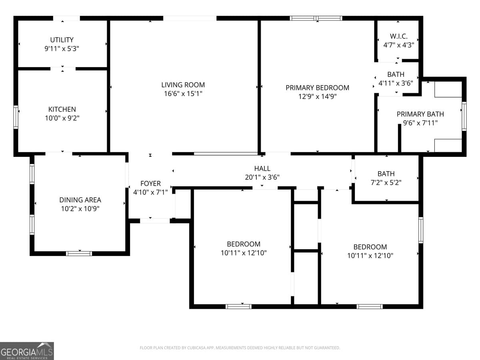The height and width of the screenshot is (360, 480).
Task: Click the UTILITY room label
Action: pos(62,40)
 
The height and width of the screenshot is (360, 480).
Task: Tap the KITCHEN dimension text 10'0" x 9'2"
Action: pos(62,118)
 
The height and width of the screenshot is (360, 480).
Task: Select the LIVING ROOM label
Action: pos(183,85)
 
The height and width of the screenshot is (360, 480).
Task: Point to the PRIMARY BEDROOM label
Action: pos(317,88)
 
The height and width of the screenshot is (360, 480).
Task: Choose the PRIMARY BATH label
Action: pos(420,114)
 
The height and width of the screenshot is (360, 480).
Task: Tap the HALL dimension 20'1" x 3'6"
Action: pos(262,177)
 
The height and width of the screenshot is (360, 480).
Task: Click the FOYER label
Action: pos(150,184)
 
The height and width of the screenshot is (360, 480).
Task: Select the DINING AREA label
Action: pos(80,200)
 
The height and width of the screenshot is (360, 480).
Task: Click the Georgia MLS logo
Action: pos(27,351)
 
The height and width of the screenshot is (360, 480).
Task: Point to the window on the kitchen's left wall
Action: pos(16,116)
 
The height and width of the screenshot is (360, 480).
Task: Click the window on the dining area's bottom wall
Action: pos(79,253)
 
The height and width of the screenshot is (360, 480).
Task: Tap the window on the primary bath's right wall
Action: pos(464,116)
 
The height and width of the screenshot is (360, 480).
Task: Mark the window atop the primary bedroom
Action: pos(316,18)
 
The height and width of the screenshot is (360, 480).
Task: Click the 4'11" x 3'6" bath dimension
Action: pos(396,83)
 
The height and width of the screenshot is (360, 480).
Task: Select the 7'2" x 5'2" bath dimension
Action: pos(386,182)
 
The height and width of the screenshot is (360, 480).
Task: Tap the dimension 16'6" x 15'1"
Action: pos(183,94)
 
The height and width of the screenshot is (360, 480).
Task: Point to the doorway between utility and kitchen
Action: pos(63,69)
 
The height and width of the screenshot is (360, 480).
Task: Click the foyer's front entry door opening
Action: pos(155,220)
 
